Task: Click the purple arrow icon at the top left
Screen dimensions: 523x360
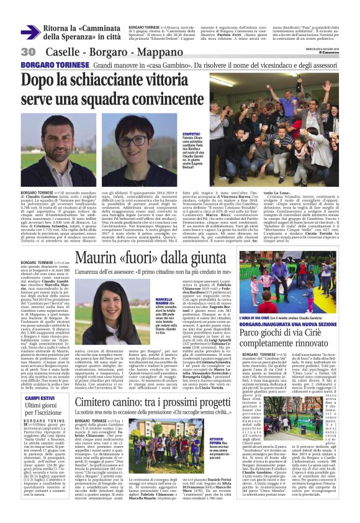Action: (30, 32)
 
